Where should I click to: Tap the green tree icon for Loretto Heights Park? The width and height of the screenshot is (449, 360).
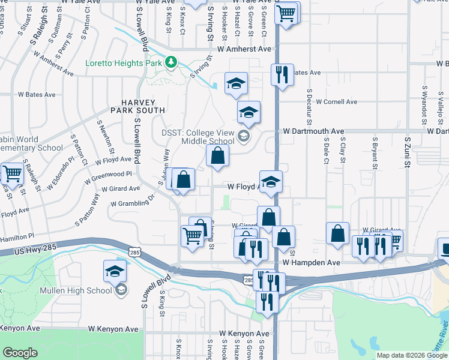point(172,62)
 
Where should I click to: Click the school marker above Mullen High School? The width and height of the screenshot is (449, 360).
point(115,271)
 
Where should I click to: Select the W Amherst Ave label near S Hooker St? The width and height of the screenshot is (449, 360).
point(244,49)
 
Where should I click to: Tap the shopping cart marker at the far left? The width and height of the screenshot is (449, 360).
point(12,174)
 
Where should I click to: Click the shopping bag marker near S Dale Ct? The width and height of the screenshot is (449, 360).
point(338,233)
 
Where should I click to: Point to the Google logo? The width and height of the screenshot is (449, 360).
point(20,353)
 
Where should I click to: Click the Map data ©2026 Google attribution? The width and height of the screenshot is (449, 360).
point(412,355)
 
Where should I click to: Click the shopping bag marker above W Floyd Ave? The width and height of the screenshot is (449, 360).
point(217,155)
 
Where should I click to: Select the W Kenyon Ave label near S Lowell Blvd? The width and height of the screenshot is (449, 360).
point(113,329)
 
